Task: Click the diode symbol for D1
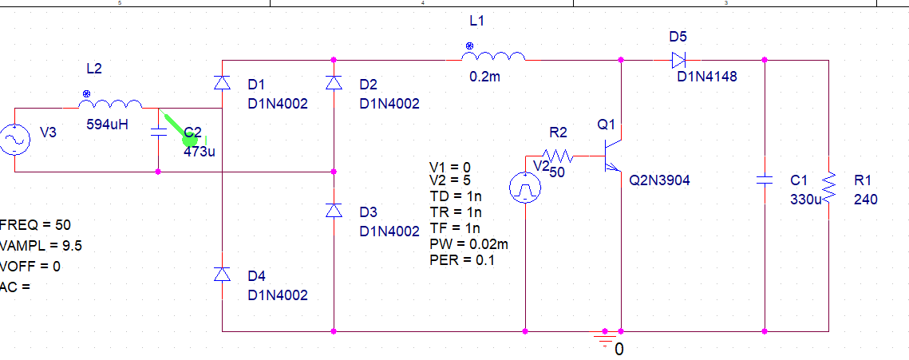point(222,83)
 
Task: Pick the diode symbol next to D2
point(334,83)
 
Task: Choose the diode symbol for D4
point(222,275)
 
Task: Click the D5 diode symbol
point(679,59)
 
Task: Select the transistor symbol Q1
point(613,156)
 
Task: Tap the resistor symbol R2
point(558,156)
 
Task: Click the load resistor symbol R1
point(829,188)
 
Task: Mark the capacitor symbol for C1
point(765,180)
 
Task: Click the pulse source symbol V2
point(525,188)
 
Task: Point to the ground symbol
point(606,341)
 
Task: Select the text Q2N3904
point(659,180)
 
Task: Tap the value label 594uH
point(107,125)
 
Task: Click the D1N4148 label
point(707,77)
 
